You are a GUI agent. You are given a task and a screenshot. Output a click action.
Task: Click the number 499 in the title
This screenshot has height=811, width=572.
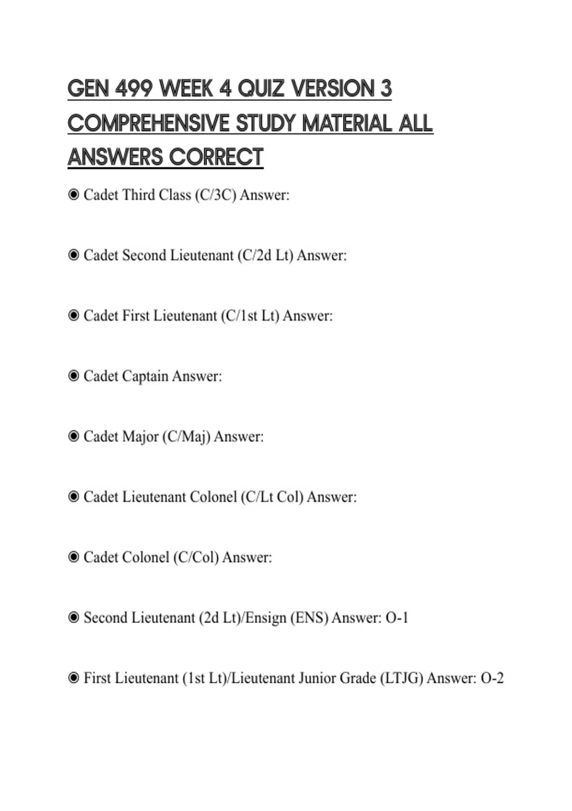click(x=133, y=89)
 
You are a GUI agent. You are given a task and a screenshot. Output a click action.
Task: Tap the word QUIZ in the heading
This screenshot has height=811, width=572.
click(x=261, y=89)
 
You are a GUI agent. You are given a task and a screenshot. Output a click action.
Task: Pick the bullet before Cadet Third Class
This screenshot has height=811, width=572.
click(x=73, y=195)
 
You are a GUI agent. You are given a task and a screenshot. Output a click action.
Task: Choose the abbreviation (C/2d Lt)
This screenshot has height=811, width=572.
click(x=265, y=256)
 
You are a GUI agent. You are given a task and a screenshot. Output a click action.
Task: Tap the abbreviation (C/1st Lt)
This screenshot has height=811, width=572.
click(x=250, y=316)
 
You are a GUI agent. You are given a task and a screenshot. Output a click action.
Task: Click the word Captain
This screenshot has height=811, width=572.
click(x=145, y=376)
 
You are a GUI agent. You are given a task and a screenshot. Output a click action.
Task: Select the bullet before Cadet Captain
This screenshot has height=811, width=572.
click(x=73, y=376)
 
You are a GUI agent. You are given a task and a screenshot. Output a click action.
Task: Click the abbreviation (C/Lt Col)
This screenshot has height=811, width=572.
click(x=272, y=497)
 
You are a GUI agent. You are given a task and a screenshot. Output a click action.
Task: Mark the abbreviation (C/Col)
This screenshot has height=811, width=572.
click(x=196, y=558)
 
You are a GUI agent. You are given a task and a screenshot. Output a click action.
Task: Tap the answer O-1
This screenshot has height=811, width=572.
click(x=397, y=618)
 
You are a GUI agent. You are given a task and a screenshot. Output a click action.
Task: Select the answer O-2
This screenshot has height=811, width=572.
click(x=492, y=678)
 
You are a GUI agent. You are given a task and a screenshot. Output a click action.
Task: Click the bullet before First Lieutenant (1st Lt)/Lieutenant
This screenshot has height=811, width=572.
click(x=73, y=678)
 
